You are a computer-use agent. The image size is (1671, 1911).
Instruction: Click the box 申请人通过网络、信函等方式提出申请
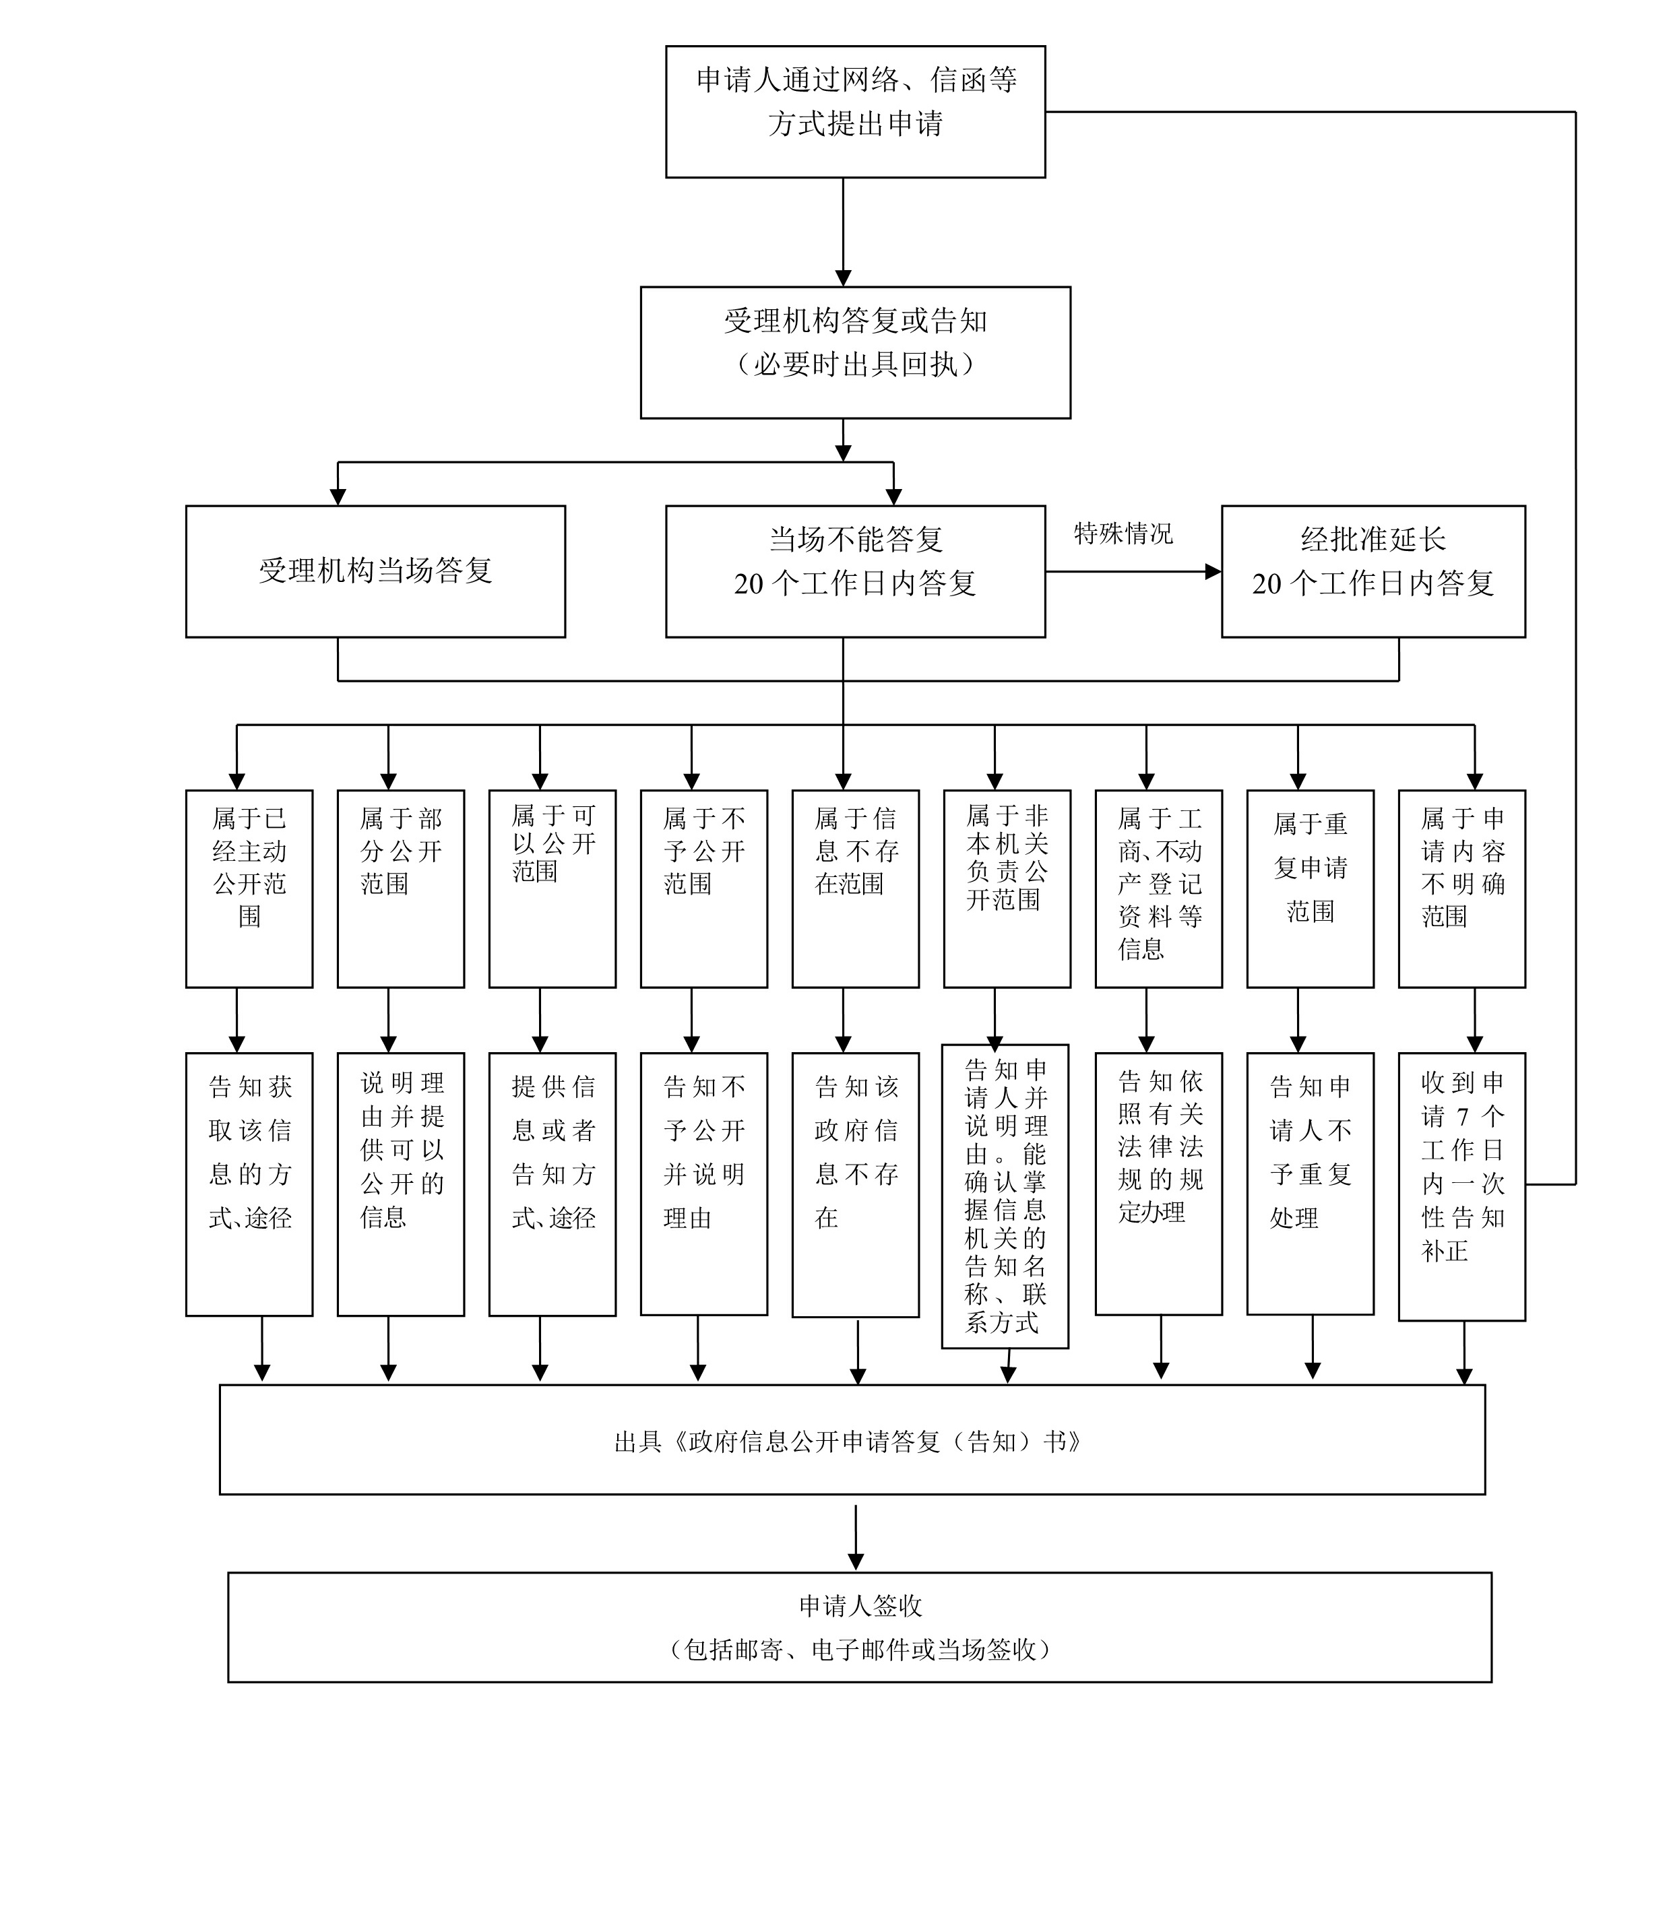855,112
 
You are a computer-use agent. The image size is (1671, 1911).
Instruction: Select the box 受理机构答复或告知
855,352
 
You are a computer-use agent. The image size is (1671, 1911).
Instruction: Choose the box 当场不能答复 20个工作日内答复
855,571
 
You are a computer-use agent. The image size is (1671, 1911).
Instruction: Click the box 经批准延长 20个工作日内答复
1373,571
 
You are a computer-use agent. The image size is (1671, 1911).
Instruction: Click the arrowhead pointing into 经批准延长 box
1213,571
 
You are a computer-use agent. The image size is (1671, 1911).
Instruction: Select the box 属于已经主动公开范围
249,888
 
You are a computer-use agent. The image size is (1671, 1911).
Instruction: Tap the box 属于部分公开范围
401,888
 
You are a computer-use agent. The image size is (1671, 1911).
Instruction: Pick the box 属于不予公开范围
704,888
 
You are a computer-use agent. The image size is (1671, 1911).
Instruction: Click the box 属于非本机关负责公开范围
1007,888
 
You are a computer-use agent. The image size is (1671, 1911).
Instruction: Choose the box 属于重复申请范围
1310,888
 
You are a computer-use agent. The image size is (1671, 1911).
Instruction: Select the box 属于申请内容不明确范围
1462,888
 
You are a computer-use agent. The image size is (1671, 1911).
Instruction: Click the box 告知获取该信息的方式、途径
249,1184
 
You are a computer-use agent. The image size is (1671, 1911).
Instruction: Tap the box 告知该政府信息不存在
855,1185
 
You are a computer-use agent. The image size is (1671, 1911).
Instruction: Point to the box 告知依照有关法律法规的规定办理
1159,1184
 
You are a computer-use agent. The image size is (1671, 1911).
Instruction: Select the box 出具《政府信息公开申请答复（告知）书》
852,1439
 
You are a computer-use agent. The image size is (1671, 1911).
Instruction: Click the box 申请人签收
860,1627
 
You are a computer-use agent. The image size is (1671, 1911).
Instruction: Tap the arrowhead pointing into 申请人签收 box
856,1561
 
